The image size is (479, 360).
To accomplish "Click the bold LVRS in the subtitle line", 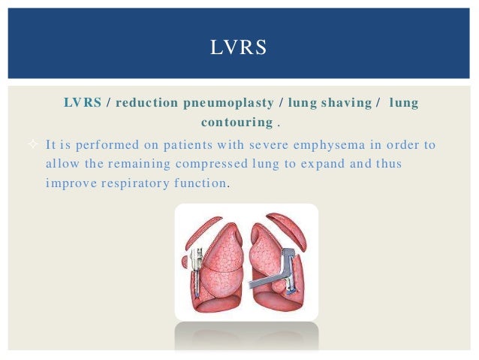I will pyautogui.click(x=82, y=103).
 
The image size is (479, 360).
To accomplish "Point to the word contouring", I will pyautogui.click(x=236, y=122).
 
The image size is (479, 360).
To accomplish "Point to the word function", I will pyautogui.click(x=202, y=183).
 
